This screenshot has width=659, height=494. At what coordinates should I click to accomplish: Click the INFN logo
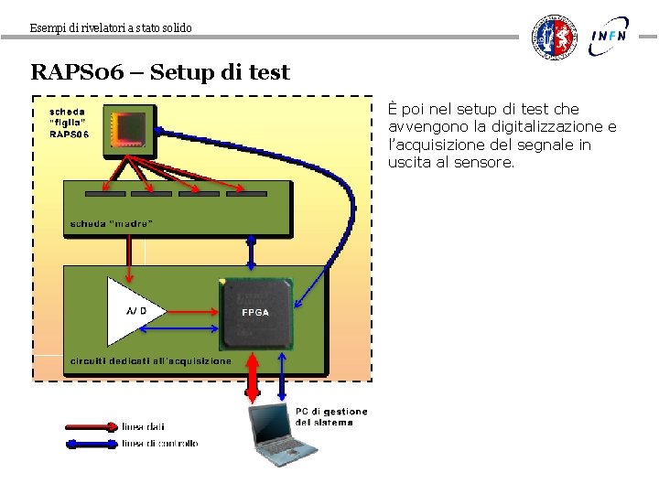(x=610, y=36)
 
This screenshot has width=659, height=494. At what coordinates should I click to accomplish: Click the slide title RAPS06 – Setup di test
(x=160, y=72)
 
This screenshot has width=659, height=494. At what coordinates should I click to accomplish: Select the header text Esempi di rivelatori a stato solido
(x=111, y=28)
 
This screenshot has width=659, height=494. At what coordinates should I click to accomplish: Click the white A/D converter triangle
(x=135, y=311)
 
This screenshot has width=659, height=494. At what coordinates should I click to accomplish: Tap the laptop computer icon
(x=283, y=435)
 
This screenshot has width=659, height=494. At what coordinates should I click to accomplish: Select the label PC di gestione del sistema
(x=330, y=416)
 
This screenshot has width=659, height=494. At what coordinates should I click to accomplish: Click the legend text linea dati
(x=144, y=426)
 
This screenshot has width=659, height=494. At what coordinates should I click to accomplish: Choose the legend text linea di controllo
(x=159, y=444)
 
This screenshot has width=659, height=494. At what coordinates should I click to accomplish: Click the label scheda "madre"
(x=112, y=223)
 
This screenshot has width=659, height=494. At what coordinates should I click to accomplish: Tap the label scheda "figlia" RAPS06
(x=69, y=123)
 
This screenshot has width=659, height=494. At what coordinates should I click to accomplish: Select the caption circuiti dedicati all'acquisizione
(x=151, y=360)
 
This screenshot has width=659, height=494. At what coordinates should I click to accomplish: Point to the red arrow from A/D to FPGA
(x=194, y=311)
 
